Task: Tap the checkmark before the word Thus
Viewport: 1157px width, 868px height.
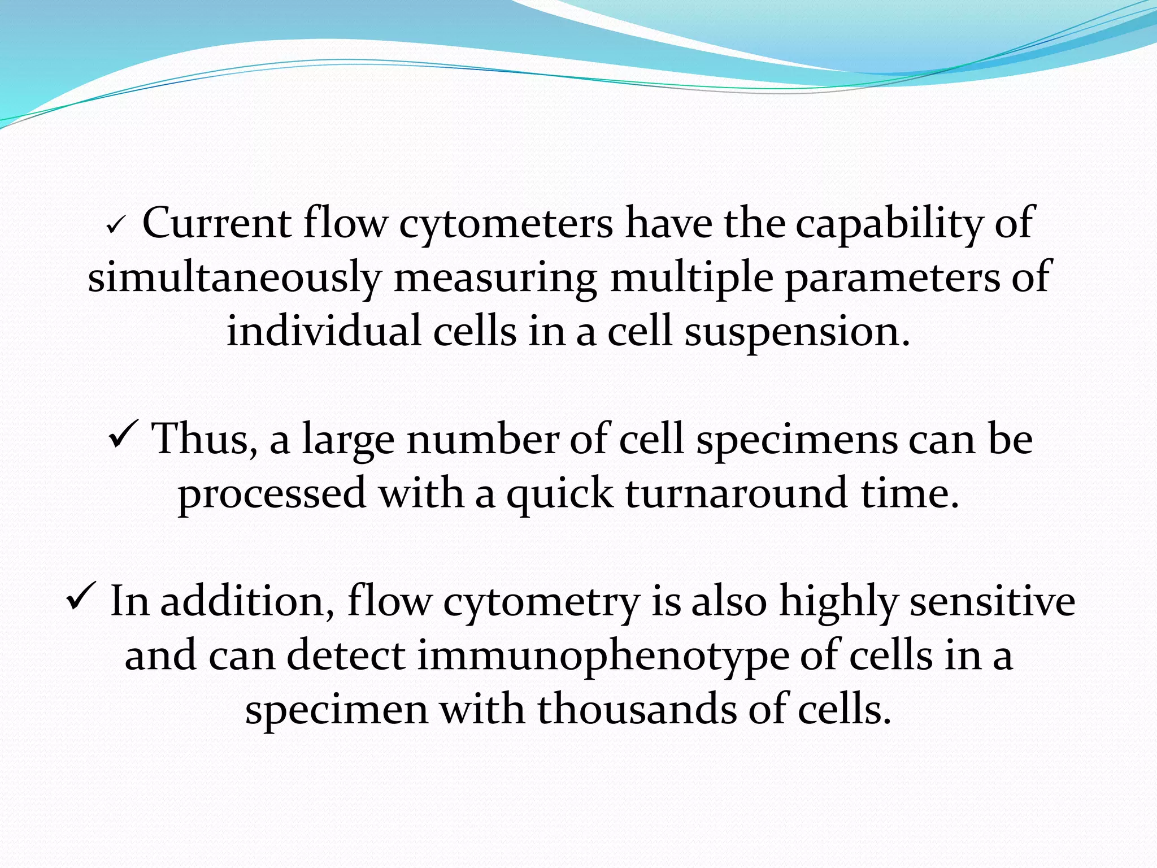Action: click(121, 436)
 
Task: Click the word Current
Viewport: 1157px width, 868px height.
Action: click(216, 224)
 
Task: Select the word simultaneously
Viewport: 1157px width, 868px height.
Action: click(234, 279)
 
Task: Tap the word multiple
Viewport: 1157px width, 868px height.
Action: click(691, 279)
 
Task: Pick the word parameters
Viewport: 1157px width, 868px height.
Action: click(892, 279)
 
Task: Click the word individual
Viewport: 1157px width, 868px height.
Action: click(324, 331)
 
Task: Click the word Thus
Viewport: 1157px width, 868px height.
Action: click(205, 440)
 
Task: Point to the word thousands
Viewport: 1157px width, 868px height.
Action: click(637, 710)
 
